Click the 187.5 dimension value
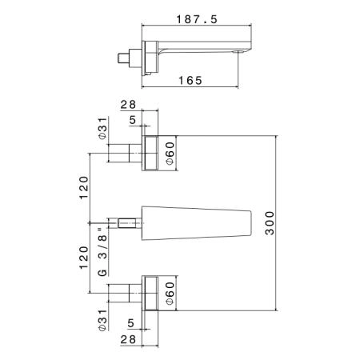click(197, 19)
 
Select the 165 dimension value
click(190, 81)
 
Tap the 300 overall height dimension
click(270, 223)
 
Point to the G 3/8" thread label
click(102, 252)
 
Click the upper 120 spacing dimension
click(84, 187)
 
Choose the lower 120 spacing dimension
click(84, 258)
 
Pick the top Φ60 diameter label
click(170, 154)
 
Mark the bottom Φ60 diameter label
click(170, 294)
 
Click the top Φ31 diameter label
click(102, 128)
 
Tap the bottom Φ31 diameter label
click(102, 320)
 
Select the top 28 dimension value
click(128, 105)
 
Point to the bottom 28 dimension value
click(128, 339)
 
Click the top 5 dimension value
click(133, 120)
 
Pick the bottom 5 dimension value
click(130, 323)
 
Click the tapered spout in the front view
click(196, 223)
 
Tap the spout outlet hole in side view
click(239, 51)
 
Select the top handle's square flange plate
click(150, 153)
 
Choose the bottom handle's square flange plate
click(150, 293)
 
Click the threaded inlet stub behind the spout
click(130, 223)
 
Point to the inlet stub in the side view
click(123, 58)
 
